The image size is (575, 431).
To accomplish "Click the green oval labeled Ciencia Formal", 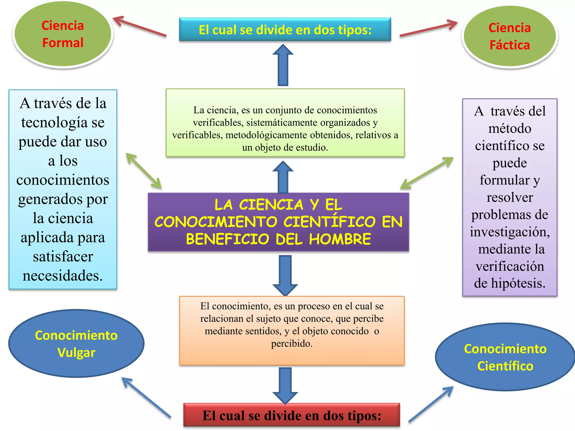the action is (63, 34).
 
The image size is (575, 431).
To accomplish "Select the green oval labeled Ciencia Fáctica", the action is (509, 36).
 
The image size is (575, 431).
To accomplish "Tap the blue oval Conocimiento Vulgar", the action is (76, 343).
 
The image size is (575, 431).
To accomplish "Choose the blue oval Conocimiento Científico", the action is (505, 357).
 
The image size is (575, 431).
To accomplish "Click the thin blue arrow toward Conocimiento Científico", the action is (431, 404).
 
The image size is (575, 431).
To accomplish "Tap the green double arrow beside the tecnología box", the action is (143, 170).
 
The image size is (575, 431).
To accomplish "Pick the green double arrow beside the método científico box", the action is (427, 173).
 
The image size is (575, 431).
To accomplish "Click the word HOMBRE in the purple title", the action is (340, 239).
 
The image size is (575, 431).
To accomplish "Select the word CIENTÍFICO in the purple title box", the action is (329, 222).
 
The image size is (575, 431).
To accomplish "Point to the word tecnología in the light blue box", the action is (54, 123).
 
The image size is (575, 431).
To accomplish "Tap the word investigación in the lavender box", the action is (510, 232).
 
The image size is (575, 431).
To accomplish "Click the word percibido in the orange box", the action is (291, 343).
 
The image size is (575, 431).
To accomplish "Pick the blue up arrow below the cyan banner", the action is (283, 65).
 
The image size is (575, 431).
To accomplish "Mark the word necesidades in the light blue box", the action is (63, 276).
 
